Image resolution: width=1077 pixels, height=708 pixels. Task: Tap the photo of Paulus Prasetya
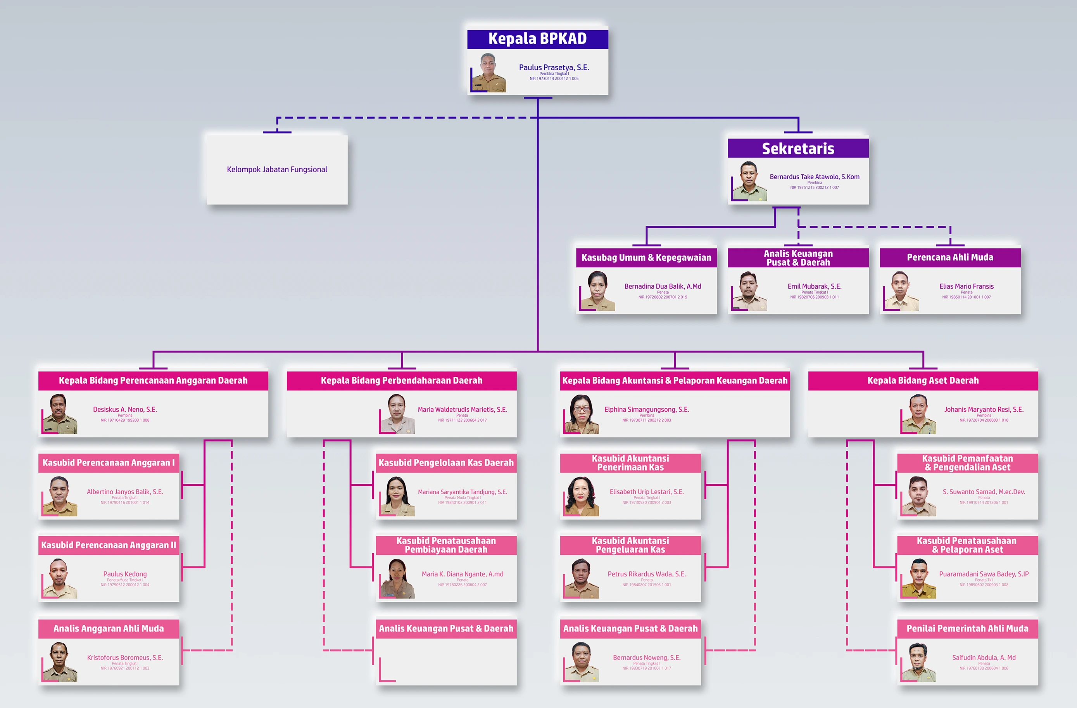click(489, 73)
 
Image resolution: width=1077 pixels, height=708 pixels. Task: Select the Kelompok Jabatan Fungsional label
click(277, 169)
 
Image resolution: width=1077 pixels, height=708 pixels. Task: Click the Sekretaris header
click(798, 149)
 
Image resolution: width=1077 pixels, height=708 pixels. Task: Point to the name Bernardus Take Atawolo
click(814, 177)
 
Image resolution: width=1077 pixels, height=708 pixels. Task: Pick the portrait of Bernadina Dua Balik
click(598, 291)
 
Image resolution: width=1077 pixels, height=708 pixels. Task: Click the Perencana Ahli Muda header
click(950, 257)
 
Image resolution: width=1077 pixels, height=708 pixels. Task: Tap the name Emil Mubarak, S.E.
click(814, 286)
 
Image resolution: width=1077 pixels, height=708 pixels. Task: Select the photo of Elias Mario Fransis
click(901, 291)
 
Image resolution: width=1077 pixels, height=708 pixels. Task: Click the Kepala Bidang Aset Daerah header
click(923, 380)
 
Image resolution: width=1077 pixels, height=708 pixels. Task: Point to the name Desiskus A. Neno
click(125, 409)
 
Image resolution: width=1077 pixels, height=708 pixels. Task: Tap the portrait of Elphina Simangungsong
click(582, 414)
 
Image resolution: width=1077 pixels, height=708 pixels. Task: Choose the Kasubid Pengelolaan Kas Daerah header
click(446, 463)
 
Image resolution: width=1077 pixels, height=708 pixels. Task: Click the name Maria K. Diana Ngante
click(463, 574)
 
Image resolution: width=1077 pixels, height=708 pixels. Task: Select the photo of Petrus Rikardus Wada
click(582, 578)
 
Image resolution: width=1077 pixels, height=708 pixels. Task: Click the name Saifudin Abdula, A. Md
click(984, 657)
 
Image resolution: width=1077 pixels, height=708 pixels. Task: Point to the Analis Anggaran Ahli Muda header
click(109, 628)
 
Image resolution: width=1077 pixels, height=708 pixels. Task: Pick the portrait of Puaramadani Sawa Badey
click(918, 578)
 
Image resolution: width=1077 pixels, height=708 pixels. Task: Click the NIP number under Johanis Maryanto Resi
click(984, 420)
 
